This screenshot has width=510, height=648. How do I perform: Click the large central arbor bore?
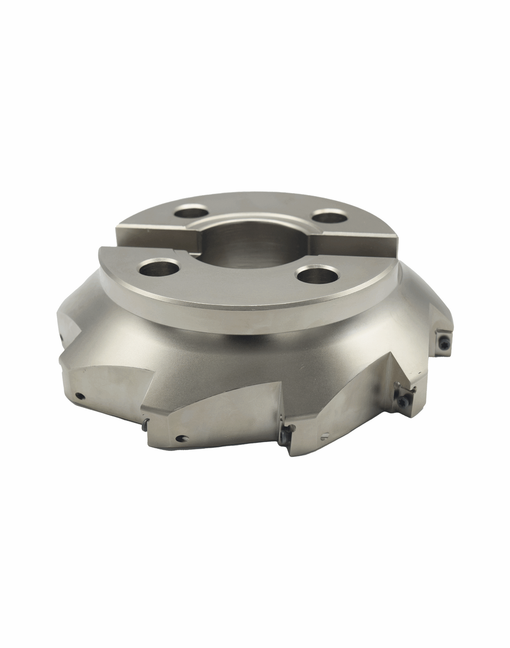(248, 248)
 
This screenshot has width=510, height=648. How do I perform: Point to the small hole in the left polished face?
(79, 395)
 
